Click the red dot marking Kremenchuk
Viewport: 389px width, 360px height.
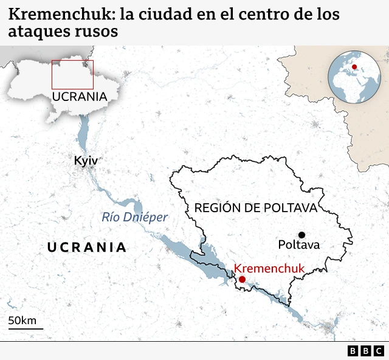(x=242, y=279)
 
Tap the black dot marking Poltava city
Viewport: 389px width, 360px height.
(x=301, y=235)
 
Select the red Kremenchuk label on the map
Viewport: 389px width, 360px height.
(x=269, y=268)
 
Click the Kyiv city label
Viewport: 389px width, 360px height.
(x=85, y=161)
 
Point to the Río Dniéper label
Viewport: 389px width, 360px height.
(x=134, y=217)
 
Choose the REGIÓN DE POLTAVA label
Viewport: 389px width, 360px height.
(x=256, y=208)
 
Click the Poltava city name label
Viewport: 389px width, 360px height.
(x=298, y=245)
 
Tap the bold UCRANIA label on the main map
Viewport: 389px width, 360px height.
(x=87, y=247)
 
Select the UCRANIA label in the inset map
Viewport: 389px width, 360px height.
(x=79, y=97)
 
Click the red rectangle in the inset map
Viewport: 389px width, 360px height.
(x=72, y=75)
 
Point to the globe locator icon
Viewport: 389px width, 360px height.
(x=354, y=77)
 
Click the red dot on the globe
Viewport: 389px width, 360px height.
(x=354, y=67)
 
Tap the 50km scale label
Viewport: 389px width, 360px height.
(x=22, y=320)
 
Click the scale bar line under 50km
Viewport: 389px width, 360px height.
(x=26, y=328)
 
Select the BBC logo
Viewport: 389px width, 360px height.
(x=366, y=351)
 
